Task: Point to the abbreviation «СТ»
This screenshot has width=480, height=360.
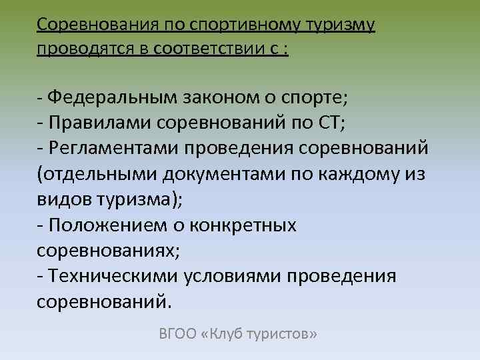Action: coord(329,122)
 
